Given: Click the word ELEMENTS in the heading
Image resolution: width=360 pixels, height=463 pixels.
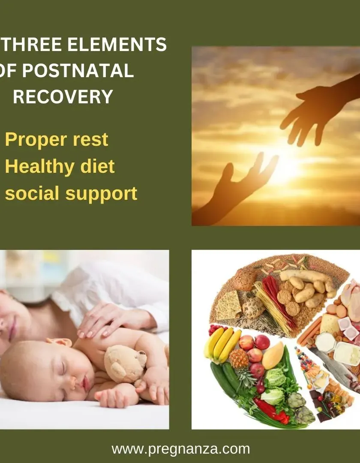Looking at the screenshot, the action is (x=117, y=44).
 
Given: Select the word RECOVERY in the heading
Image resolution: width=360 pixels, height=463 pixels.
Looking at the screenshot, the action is (x=63, y=96).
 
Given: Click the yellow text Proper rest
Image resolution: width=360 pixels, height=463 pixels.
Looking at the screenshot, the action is (x=57, y=140).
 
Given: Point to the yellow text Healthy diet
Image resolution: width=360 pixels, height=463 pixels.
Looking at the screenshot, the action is (x=60, y=166).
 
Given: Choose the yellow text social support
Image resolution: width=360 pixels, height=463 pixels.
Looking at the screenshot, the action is (x=71, y=194).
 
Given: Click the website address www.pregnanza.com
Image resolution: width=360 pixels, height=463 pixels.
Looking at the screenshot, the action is (x=180, y=449).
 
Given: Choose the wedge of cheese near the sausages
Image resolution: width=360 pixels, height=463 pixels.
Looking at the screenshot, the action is (x=329, y=323).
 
